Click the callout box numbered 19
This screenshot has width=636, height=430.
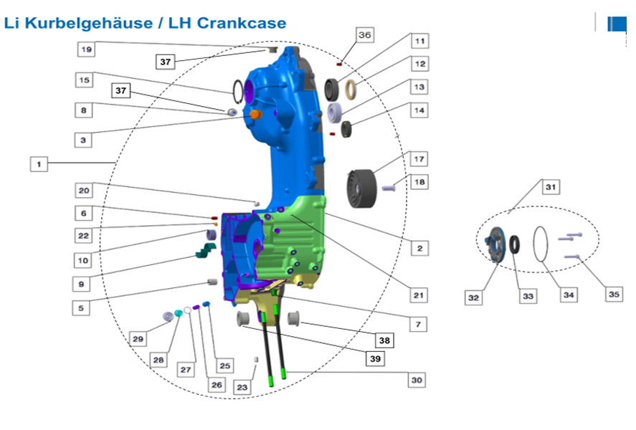click(x=86, y=49)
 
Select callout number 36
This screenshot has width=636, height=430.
click(x=364, y=35)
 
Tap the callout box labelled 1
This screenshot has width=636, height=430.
click(x=39, y=164)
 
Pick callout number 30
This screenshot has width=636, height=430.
click(x=417, y=380)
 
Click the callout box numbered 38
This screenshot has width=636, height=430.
click(x=384, y=340)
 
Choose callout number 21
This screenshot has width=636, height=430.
click(x=418, y=295)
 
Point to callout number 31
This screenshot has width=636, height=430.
click(x=551, y=187)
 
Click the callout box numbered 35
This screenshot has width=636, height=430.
click(x=614, y=295)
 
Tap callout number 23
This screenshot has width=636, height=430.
click(x=242, y=387)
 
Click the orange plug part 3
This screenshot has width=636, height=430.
click(x=255, y=114)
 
